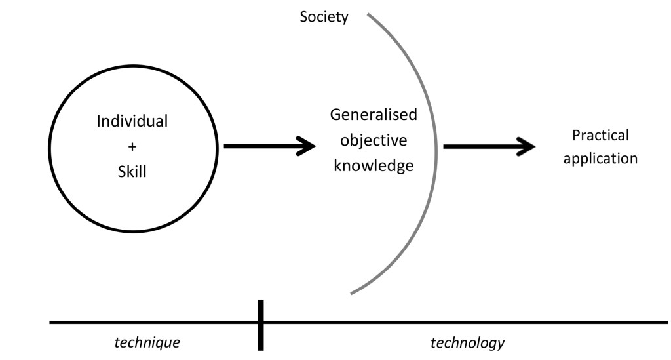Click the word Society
pos(324,17)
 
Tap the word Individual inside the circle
pos(132,121)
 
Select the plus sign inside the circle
pos(132,147)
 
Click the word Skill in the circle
pos(132,172)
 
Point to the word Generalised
pos(374,115)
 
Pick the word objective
pos(374,140)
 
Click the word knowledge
pos(374,166)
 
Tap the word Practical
pos(600,135)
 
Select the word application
pos(600,159)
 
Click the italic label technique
pos(147,342)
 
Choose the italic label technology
pos(467,342)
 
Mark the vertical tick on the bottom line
pos(260,324)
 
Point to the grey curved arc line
pos(435,151)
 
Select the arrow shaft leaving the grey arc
pos(478,146)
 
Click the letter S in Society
pos(304,17)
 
